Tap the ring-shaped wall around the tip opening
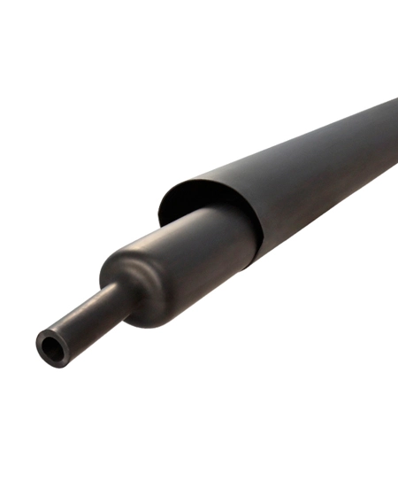tap(43, 341)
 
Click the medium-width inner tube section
tap(195, 252)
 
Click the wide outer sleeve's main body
tap(301, 177)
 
